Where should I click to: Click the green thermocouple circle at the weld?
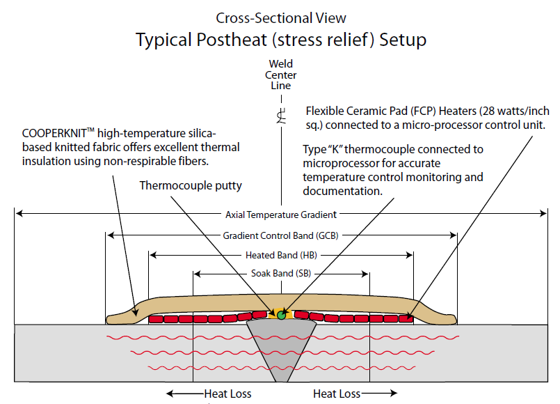(282, 315)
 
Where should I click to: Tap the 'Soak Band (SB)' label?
(281, 274)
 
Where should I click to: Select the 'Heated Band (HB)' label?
(282, 255)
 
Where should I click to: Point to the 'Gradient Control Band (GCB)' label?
(281, 235)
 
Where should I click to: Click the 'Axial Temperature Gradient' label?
(281, 215)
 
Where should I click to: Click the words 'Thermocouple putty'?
(191, 185)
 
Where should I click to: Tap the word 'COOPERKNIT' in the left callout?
(54, 133)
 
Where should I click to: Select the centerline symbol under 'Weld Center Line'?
(282, 116)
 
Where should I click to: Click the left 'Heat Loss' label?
(228, 394)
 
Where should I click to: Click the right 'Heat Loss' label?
(337, 394)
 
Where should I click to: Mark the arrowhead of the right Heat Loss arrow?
(394, 394)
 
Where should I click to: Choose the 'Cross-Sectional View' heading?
(281, 18)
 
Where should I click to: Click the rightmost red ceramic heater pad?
(406, 318)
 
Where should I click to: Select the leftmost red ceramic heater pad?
(156, 319)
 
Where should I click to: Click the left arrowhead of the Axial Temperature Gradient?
(19, 213)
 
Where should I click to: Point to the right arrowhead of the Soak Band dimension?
(365, 274)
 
